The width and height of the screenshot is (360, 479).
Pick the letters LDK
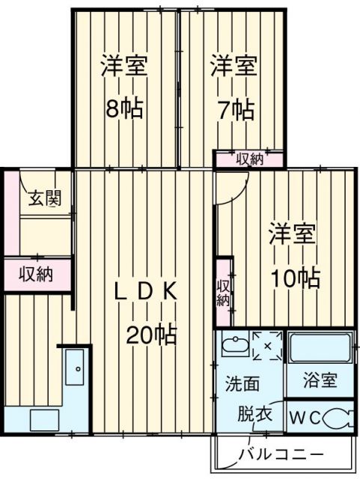(146, 293)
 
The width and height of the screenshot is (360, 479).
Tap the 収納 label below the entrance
(36, 274)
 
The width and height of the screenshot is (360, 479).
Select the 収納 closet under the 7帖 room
(250, 159)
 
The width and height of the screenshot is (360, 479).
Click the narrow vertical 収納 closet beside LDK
(224, 293)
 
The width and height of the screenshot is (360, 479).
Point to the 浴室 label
(320, 380)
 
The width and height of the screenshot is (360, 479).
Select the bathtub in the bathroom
(320, 347)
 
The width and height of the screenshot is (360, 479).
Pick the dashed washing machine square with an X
(266, 346)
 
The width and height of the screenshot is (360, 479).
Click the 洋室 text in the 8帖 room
(124, 66)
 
